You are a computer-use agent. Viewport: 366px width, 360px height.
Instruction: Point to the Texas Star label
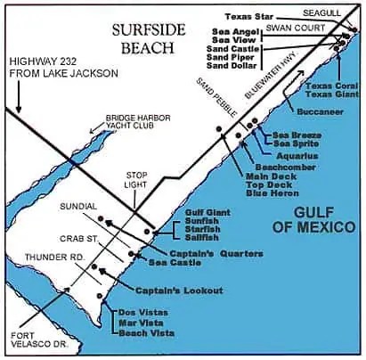coord(249,16)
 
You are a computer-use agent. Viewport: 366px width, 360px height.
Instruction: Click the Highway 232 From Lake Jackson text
coord(53,65)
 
